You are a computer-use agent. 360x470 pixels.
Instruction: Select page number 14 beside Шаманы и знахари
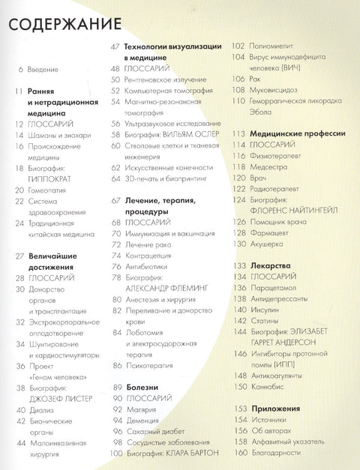[18, 136]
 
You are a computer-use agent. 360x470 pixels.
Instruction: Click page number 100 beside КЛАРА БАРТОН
[115, 454]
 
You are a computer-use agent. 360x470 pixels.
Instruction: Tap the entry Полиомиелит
[263, 46]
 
